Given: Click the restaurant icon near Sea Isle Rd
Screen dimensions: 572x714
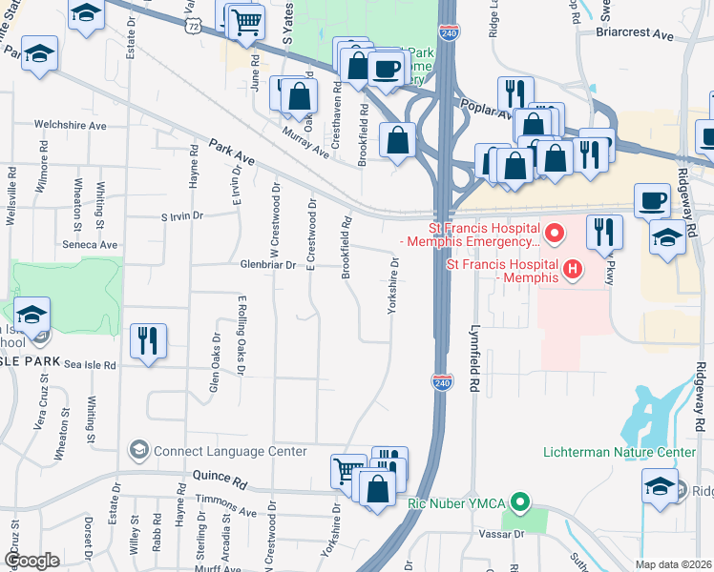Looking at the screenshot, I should (148, 341).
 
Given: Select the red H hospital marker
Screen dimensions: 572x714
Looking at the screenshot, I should (573, 271).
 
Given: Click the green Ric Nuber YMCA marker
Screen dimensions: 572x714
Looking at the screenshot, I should (519, 500).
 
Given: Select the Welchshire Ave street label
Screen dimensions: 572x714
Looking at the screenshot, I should (70, 125).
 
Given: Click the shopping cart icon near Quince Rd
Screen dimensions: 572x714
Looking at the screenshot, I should (348, 470).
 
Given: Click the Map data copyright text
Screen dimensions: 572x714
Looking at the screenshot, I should (673, 564).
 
